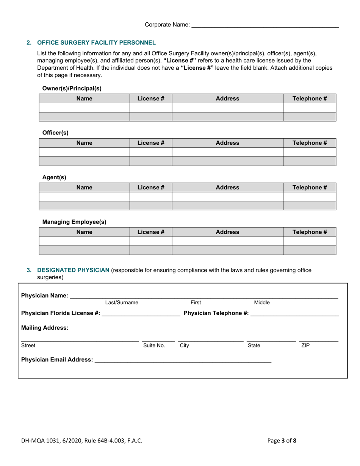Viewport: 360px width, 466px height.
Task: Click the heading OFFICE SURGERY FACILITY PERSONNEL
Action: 96,42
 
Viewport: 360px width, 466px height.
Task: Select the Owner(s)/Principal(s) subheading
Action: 72,88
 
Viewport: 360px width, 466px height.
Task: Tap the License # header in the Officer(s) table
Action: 150,143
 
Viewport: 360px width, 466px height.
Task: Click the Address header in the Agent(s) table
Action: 227,187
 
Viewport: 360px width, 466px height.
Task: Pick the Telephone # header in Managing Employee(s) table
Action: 310,232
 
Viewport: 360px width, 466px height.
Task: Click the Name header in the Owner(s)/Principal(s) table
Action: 84,99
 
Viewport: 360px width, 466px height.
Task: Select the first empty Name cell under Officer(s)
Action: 84,152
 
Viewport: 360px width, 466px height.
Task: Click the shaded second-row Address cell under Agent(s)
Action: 227,206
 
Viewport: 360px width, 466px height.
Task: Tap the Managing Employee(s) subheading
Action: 74,222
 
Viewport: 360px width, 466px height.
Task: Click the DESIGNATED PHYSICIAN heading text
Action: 73,270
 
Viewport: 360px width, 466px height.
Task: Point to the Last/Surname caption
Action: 122,302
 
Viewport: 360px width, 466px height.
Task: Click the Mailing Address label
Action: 45,328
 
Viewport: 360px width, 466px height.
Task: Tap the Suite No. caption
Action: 154,346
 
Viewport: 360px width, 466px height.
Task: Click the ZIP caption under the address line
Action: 305,346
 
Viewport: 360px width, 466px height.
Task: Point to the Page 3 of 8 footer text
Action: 282,440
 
